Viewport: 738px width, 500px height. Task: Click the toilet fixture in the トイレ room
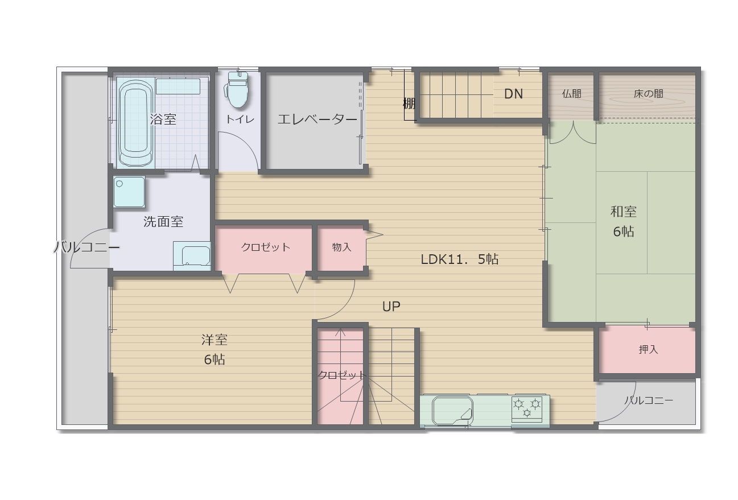click(237, 90)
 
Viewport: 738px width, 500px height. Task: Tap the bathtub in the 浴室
click(136, 123)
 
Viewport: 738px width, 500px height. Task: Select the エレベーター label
click(317, 119)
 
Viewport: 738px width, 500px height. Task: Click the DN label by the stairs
click(513, 94)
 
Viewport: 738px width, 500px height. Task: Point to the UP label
click(391, 307)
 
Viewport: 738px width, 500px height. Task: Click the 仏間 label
click(571, 94)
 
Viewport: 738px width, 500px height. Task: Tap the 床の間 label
click(648, 94)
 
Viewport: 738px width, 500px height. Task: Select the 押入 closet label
click(648, 349)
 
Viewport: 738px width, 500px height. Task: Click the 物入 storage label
click(341, 247)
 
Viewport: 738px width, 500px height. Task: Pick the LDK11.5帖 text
click(460, 259)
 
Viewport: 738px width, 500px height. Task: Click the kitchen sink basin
click(452, 410)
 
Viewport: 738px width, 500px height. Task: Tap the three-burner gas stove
click(527, 410)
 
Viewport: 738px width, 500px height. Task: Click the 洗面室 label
click(163, 222)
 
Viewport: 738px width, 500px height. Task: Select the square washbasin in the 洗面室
click(129, 192)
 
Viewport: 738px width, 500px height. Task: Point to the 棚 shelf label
click(409, 104)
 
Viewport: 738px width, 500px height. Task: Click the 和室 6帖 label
click(624, 221)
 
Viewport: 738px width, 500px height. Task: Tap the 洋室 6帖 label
click(215, 349)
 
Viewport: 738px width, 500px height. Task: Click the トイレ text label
click(240, 119)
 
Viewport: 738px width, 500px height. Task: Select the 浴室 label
click(163, 119)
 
